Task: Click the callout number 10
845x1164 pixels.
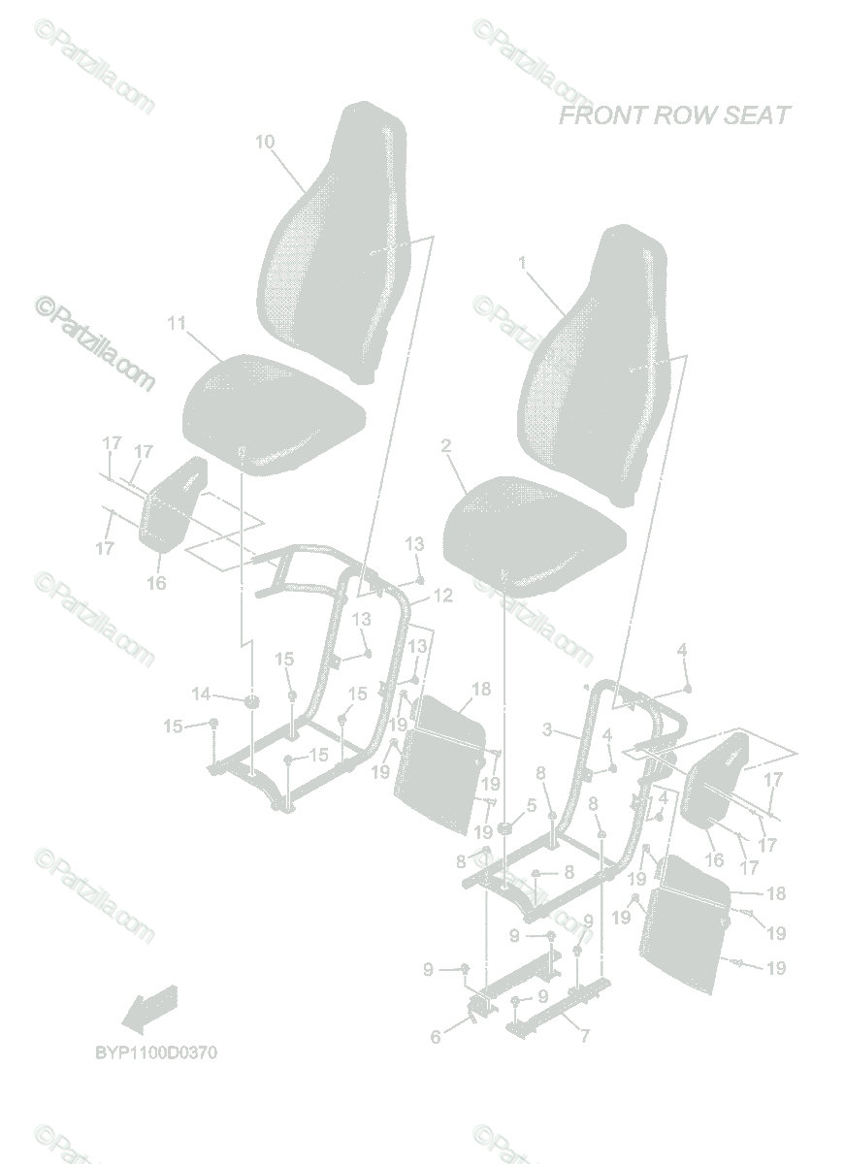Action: pyautogui.click(x=265, y=142)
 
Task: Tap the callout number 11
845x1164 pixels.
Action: pyautogui.click(x=177, y=324)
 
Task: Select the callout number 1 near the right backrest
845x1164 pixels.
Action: pyautogui.click(x=522, y=263)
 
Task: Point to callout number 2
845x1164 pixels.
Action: pyautogui.click(x=445, y=446)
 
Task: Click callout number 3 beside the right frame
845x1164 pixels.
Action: pyautogui.click(x=547, y=730)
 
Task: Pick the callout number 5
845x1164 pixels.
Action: pyautogui.click(x=531, y=804)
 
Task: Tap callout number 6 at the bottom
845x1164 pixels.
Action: pyautogui.click(x=436, y=1037)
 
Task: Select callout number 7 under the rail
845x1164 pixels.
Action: pyautogui.click(x=584, y=1036)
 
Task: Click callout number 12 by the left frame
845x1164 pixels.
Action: pyautogui.click(x=442, y=596)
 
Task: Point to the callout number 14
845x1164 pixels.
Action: pyautogui.click(x=201, y=694)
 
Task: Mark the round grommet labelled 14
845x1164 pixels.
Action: pyautogui.click(x=250, y=700)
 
